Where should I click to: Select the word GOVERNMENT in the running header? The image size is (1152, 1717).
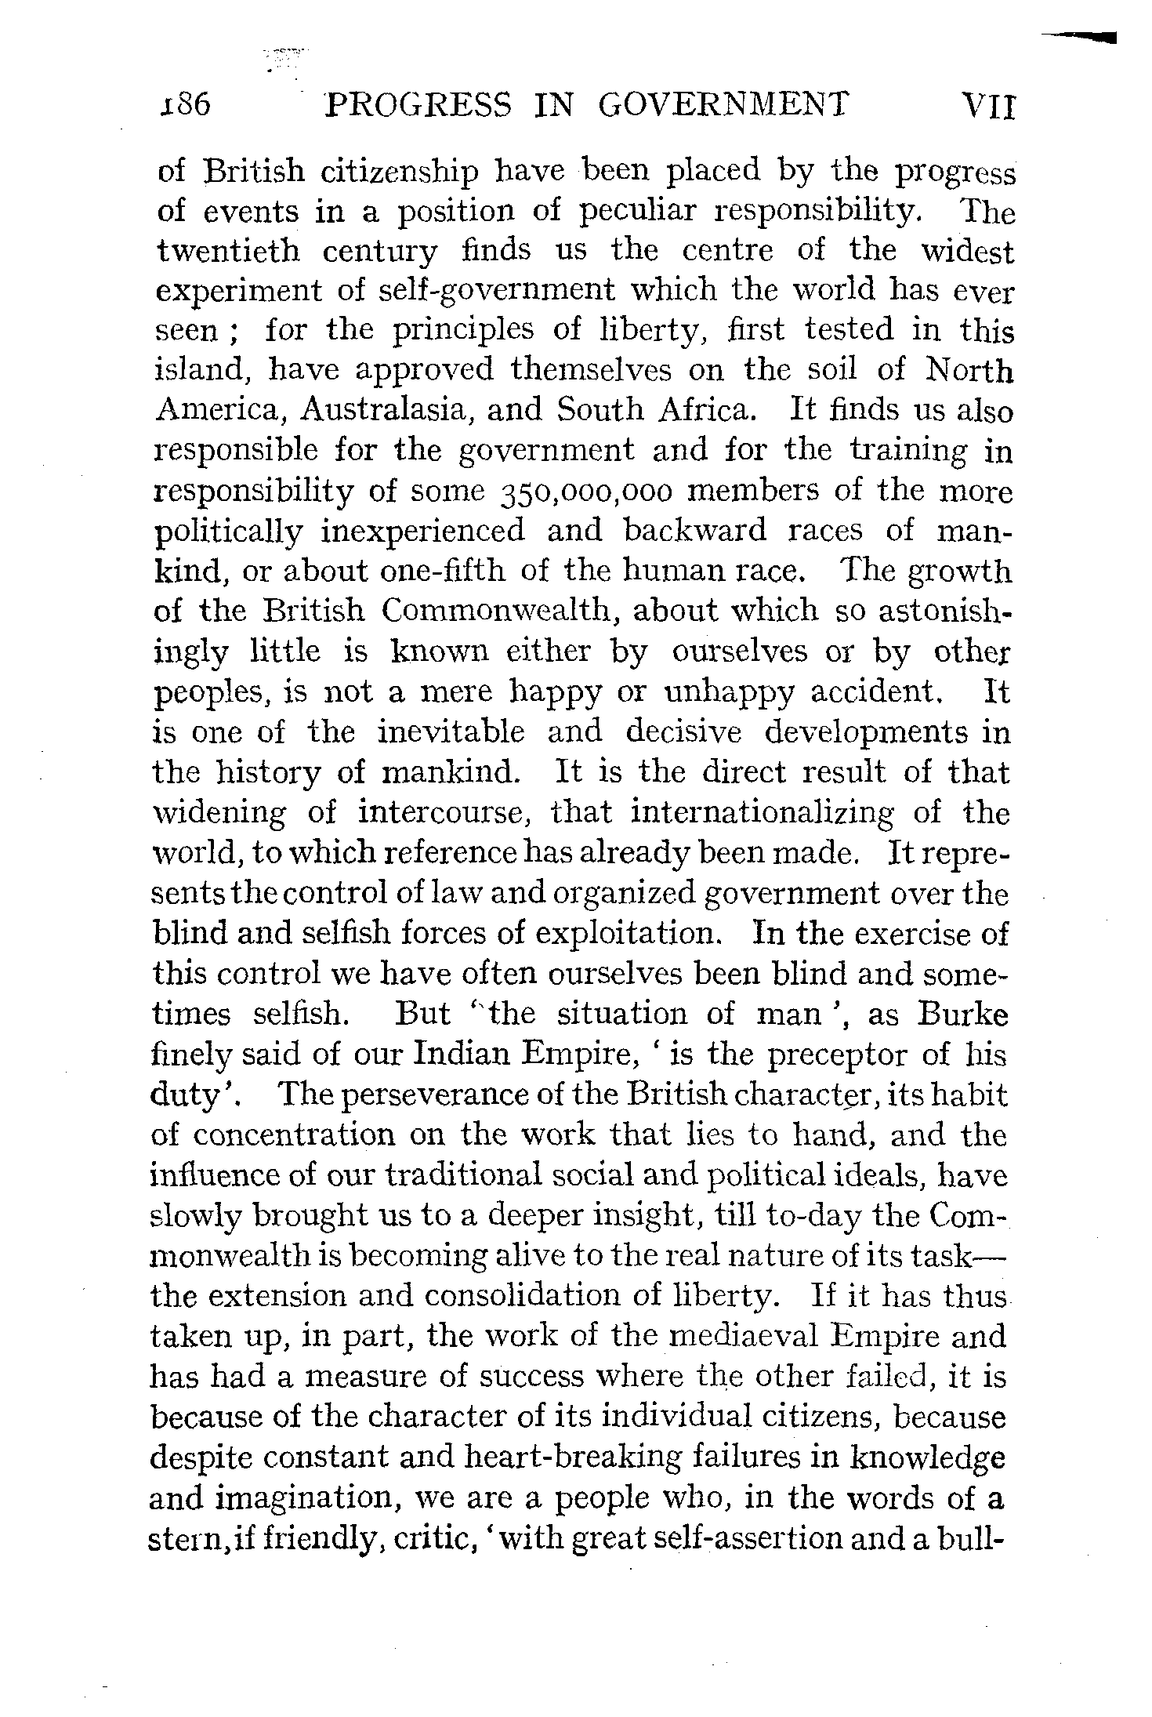coord(723,104)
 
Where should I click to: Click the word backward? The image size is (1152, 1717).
coord(695,531)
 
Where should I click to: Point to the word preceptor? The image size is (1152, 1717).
coord(835,1055)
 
